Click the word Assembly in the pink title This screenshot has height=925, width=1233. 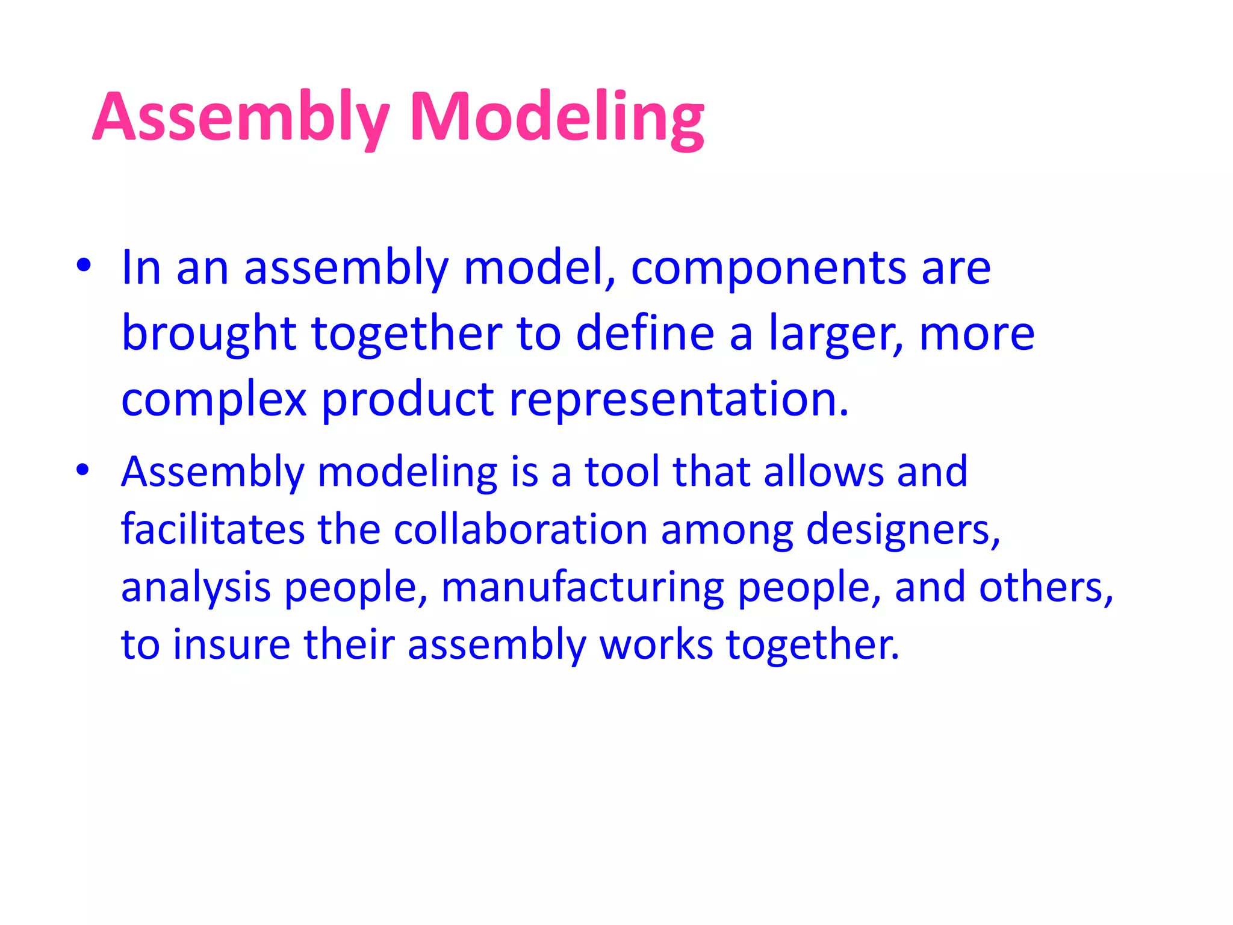(241, 117)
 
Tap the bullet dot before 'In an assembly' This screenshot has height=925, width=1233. (83, 265)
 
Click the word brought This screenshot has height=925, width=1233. (209, 335)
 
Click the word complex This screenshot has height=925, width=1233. (214, 401)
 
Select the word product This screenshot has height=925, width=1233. (408, 400)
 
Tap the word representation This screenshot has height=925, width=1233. (679, 400)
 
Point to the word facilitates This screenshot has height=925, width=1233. (213, 529)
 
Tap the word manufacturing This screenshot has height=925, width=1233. (582, 588)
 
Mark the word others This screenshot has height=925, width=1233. (1045, 588)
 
